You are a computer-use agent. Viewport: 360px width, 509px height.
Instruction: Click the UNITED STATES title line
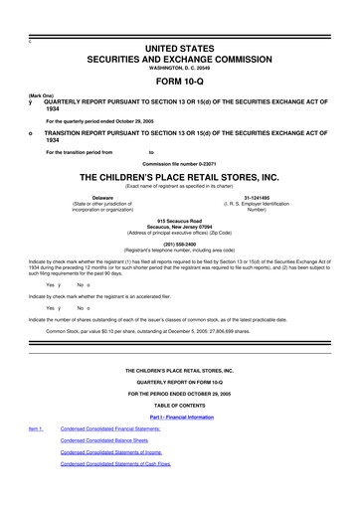click(180, 22)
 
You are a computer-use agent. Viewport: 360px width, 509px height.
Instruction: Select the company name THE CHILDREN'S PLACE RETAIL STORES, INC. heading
click(180, 173)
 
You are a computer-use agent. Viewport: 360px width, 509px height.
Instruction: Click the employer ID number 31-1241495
click(258, 197)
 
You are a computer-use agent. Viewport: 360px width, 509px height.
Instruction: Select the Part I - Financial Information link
click(180, 416)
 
